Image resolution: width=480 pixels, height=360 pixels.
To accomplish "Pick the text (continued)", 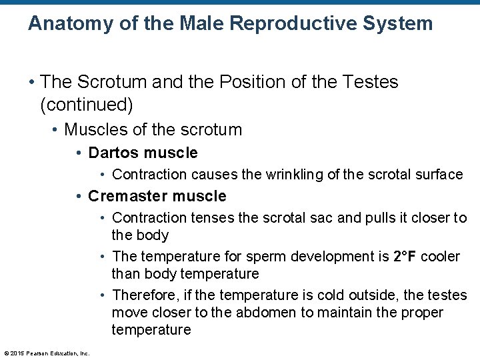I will [87, 105].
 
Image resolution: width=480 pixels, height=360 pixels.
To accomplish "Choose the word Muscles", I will [93, 129].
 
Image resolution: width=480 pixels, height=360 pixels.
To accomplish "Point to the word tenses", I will [207, 218].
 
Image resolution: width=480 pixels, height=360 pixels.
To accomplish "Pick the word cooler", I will [441, 257].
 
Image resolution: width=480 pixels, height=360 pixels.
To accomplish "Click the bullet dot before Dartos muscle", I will [79, 153].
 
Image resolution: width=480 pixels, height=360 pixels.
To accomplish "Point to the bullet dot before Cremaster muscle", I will [79, 197].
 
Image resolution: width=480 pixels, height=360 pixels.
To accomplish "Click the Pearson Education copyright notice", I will [47, 353].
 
